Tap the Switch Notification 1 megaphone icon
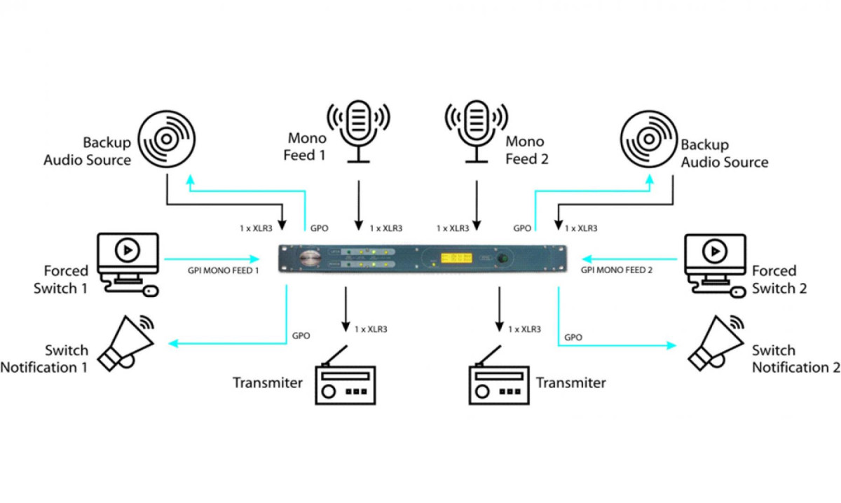click(126, 343)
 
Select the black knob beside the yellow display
click(502, 259)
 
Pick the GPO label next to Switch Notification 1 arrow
click(301, 336)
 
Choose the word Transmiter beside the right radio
click(570, 383)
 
